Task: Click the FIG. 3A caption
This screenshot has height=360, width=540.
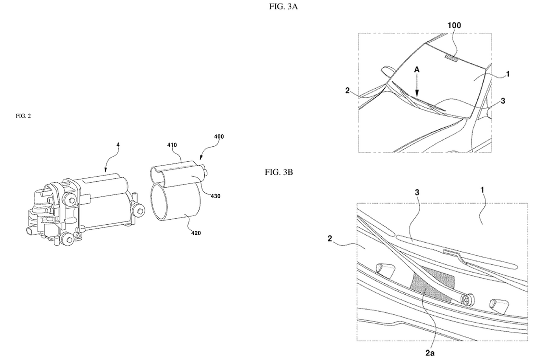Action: coord(283,7)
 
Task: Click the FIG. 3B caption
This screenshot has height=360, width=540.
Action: coord(279,172)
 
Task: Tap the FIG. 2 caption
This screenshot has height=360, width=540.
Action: coord(23,116)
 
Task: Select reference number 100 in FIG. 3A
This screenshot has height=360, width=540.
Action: coord(454,25)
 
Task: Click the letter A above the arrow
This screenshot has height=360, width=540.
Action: coord(417,70)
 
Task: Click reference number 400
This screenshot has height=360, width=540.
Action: coord(219,137)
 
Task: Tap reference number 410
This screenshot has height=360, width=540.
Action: coord(172,145)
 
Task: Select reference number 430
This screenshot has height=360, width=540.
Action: coord(215,196)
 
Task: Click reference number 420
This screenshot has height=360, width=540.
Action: coord(196,233)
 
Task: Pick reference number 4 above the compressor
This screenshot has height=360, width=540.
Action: coord(118,145)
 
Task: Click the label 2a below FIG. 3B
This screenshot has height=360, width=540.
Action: coord(430,353)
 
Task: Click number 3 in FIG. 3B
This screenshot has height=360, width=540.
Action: coord(417,192)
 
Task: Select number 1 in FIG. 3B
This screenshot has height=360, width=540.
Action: coord(483,190)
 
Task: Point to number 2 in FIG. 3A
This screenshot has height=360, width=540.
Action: coord(347,91)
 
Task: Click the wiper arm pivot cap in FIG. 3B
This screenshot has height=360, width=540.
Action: coord(467,300)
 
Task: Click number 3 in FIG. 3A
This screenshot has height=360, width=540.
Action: coord(503,101)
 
